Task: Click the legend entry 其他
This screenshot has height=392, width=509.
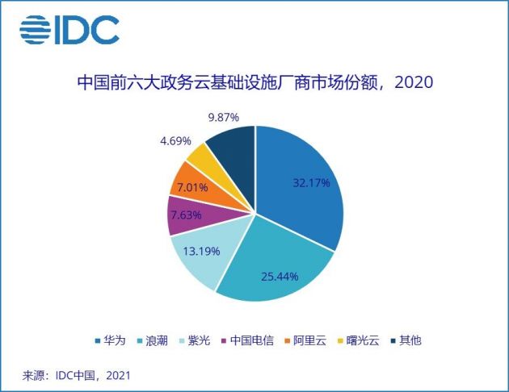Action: (x=406, y=340)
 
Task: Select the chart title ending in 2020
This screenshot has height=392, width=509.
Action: (x=255, y=83)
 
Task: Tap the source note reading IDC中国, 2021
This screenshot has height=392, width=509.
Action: (x=77, y=375)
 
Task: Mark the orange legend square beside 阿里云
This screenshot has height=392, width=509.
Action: (x=287, y=340)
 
